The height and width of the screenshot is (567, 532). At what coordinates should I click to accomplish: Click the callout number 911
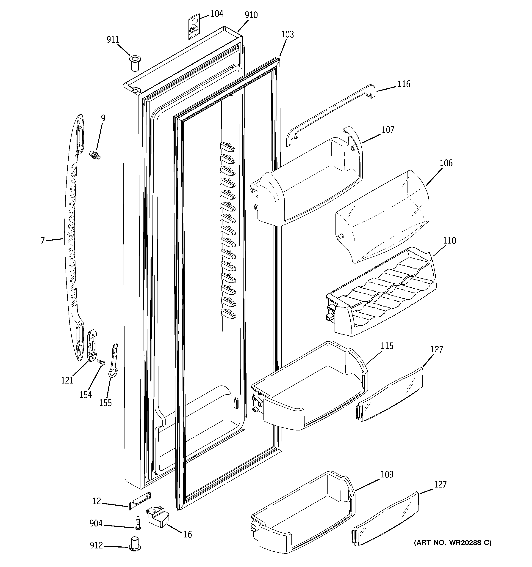(x=113, y=40)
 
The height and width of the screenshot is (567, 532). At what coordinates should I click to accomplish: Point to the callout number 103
(x=287, y=35)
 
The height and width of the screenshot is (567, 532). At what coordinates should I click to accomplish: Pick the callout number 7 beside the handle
(x=43, y=241)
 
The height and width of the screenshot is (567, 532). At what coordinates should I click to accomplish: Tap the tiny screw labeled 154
(x=101, y=362)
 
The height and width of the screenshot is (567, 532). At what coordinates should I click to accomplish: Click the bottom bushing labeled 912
(x=135, y=543)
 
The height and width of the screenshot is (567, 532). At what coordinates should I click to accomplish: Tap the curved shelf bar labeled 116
(x=328, y=114)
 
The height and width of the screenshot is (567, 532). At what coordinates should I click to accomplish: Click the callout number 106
(x=446, y=163)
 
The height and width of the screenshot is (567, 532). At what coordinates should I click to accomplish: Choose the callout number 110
(x=449, y=241)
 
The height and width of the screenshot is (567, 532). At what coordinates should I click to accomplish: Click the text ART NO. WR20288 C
(x=453, y=543)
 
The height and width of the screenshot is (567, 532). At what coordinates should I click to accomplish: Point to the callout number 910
(x=251, y=15)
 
